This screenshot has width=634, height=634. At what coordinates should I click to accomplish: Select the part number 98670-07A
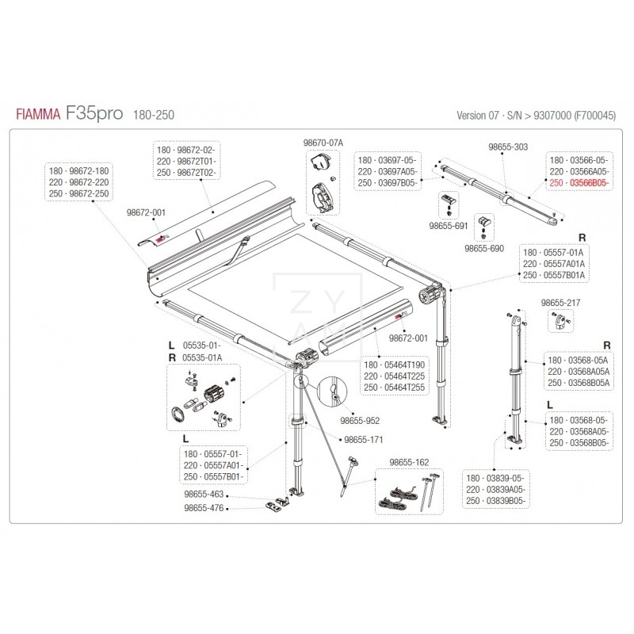coord(323,143)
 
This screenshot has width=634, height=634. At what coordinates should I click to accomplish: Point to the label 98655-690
coord(486,248)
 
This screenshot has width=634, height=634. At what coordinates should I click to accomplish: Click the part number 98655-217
coord(560,303)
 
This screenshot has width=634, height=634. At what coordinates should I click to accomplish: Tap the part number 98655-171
coord(361,439)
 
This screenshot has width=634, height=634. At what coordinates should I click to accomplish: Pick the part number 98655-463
coord(203,493)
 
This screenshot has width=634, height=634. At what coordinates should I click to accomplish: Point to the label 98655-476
coord(203,508)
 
